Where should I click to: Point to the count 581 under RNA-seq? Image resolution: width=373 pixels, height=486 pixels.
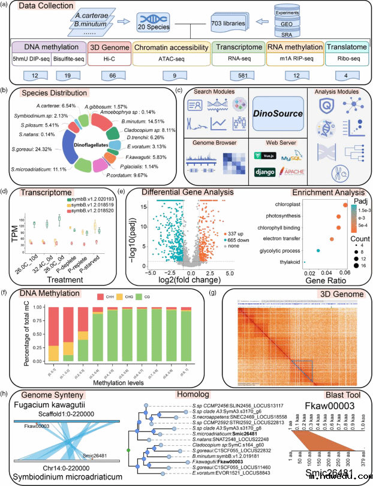coord(239,77)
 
